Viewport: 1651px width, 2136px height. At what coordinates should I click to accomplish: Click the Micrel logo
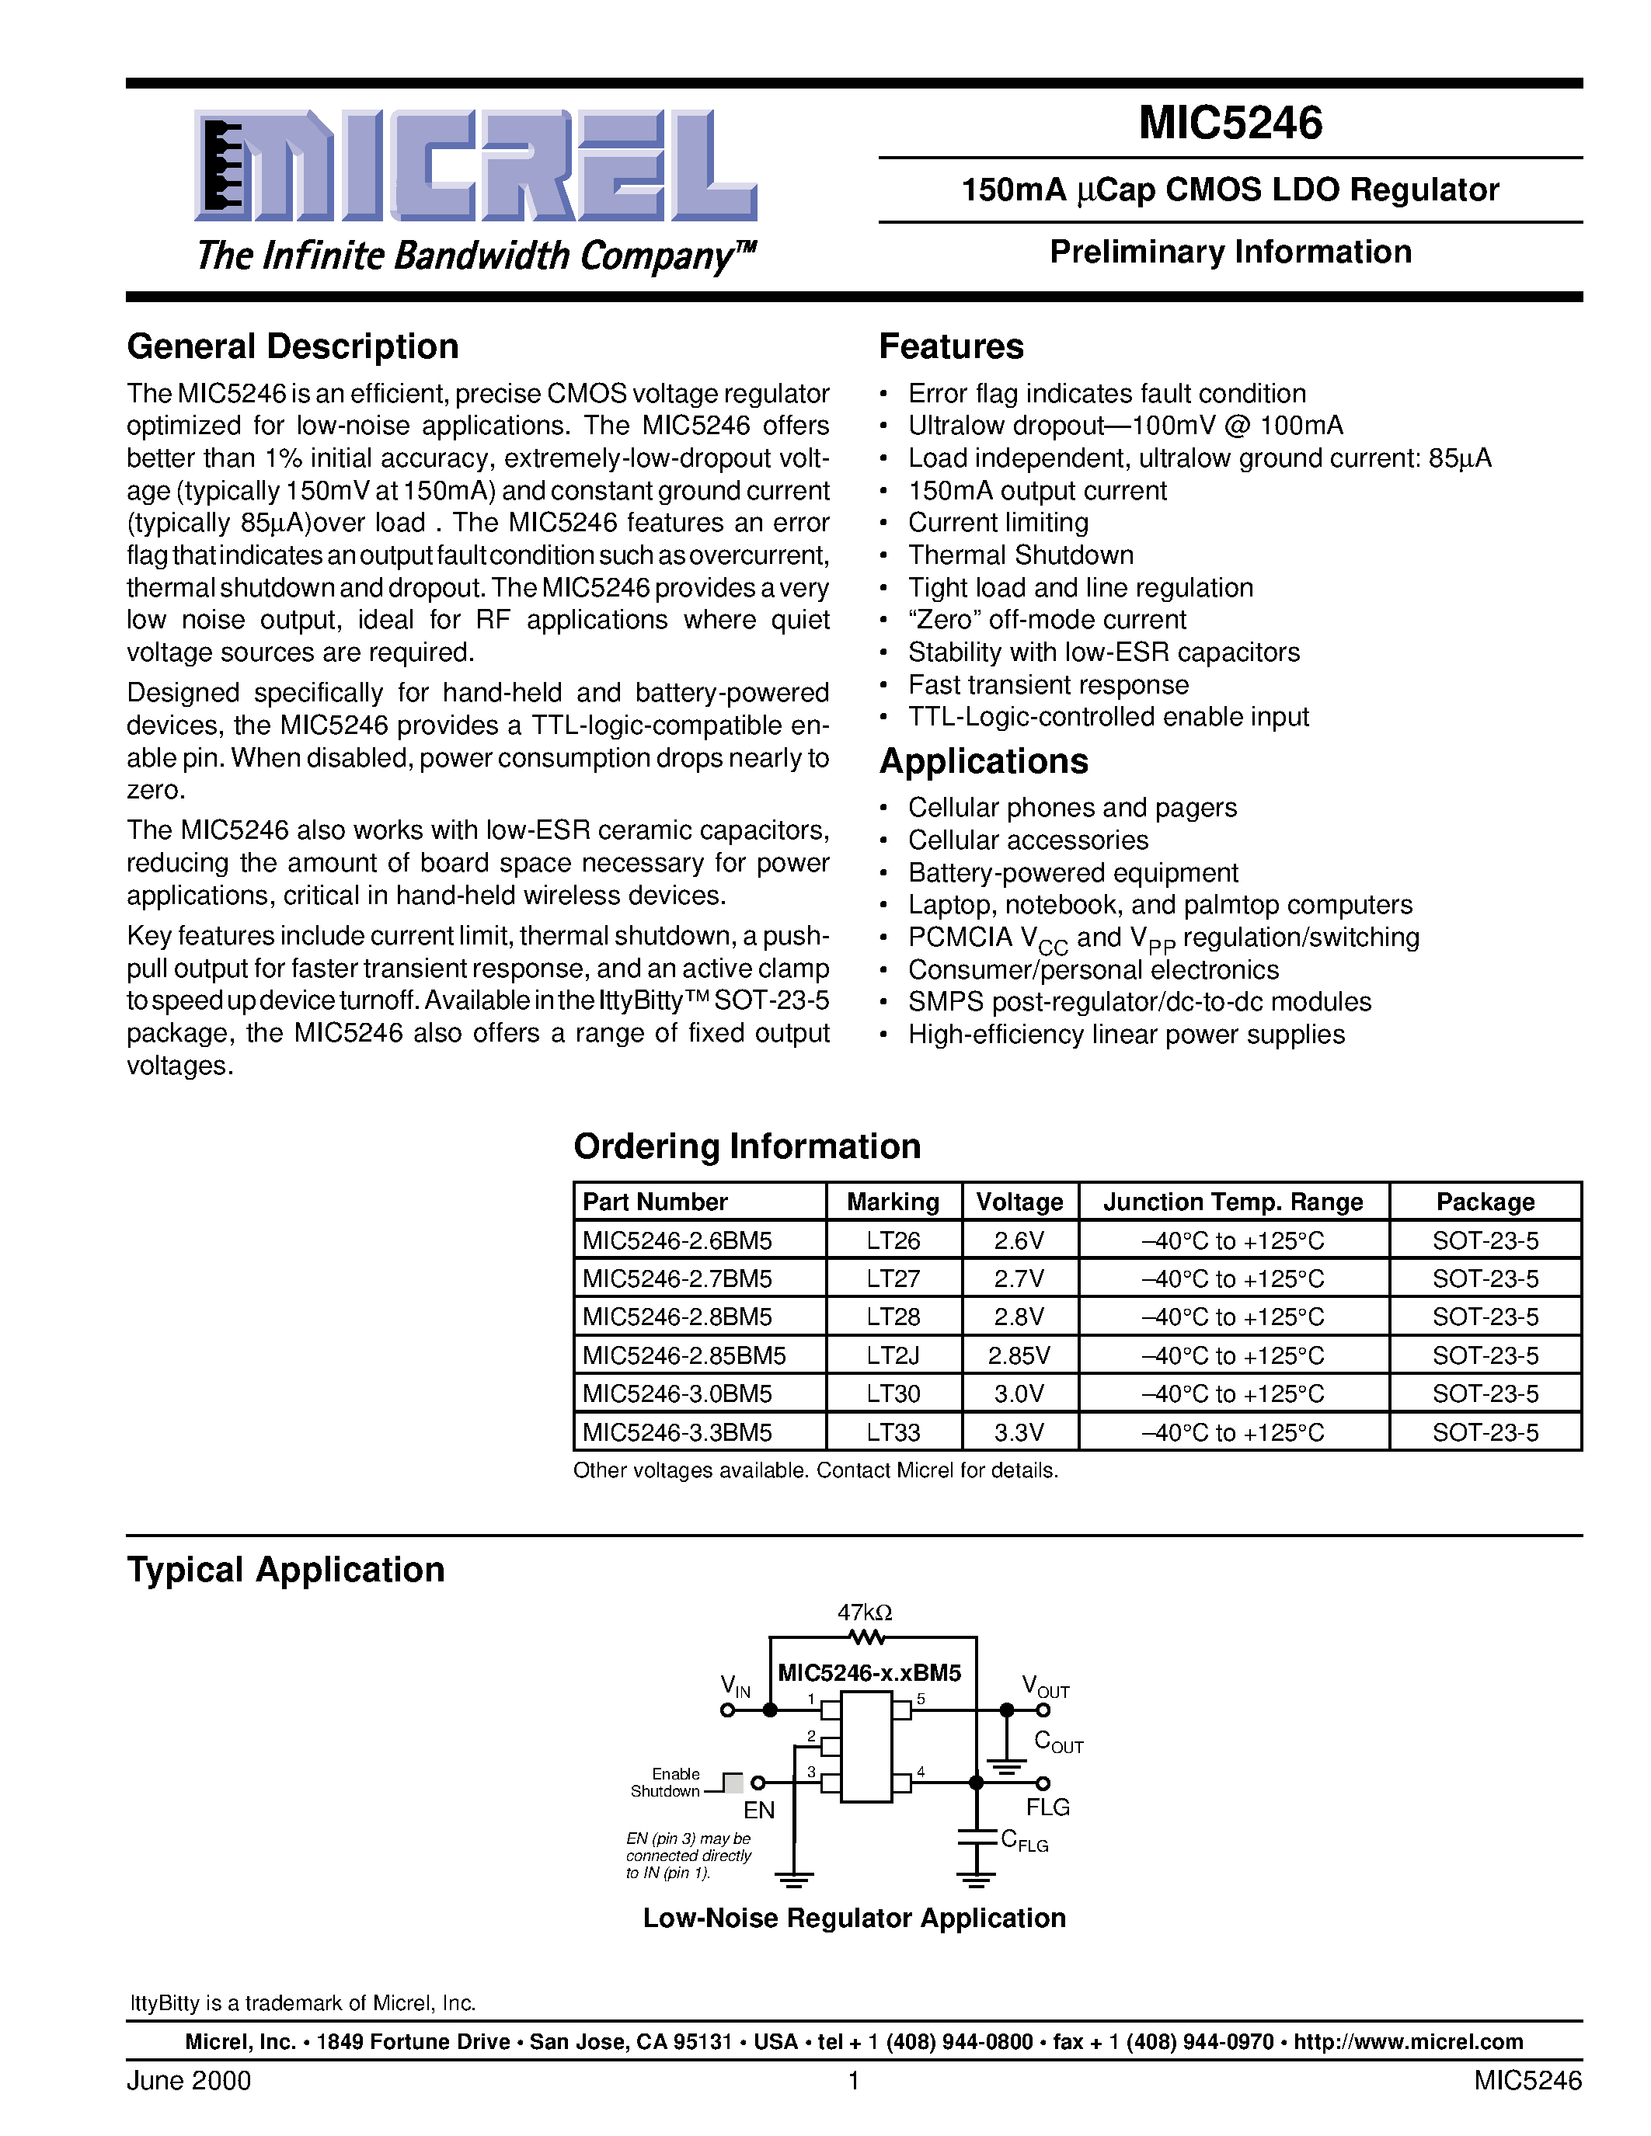475,165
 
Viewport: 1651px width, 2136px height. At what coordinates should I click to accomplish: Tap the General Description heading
292,346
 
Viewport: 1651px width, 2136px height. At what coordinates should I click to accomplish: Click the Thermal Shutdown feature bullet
1020,555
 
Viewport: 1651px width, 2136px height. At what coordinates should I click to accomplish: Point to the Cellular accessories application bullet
1027,840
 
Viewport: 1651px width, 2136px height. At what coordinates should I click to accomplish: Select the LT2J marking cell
892,1355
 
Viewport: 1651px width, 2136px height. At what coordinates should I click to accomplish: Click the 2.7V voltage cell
1019,1278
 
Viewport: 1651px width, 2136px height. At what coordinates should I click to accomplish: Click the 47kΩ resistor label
865,1612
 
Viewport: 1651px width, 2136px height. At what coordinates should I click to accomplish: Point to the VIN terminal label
734,1685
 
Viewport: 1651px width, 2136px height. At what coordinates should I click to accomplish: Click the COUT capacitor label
1057,1742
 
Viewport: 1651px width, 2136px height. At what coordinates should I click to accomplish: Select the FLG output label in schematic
1047,1807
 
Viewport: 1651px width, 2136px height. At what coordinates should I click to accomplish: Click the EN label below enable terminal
759,1811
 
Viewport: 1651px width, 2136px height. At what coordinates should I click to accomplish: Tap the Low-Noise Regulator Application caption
853,1918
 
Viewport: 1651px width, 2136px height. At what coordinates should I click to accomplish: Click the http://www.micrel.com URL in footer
1408,2042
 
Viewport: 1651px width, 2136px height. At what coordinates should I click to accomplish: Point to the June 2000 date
189,2080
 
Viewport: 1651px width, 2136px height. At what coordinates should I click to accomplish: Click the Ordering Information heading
747,1146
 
